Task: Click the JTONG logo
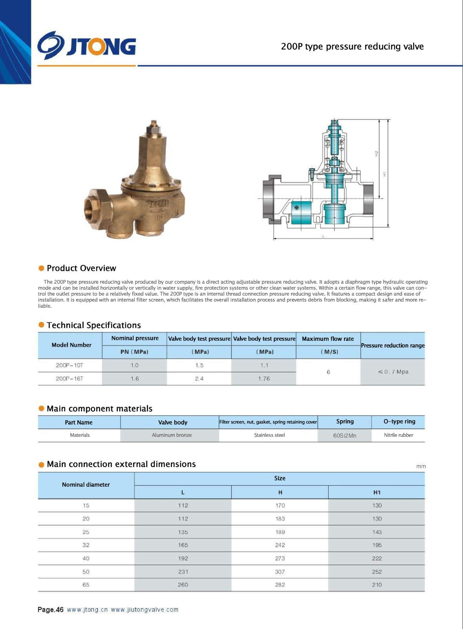(x=87, y=46)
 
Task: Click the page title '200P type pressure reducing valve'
(x=352, y=46)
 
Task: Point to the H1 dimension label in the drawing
(x=385, y=173)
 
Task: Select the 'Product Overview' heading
(x=81, y=268)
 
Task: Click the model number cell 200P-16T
(x=70, y=379)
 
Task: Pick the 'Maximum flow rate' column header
(x=328, y=338)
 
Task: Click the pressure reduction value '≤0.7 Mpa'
(x=393, y=372)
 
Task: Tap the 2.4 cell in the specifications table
(x=199, y=379)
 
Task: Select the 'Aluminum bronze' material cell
(x=172, y=435)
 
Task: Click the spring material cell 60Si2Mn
(x=344, y=436)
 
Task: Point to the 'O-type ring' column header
(x=399, y=421)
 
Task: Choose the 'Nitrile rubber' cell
(x=398, y=435)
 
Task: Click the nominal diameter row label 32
(x=86, y=545)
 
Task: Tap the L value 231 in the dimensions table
(x=183, y=572)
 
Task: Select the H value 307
(x=280, y=572)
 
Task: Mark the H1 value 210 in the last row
(x=377, y=585)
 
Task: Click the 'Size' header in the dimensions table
(x=280, y=478)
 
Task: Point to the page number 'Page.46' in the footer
(x=50, y=610)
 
